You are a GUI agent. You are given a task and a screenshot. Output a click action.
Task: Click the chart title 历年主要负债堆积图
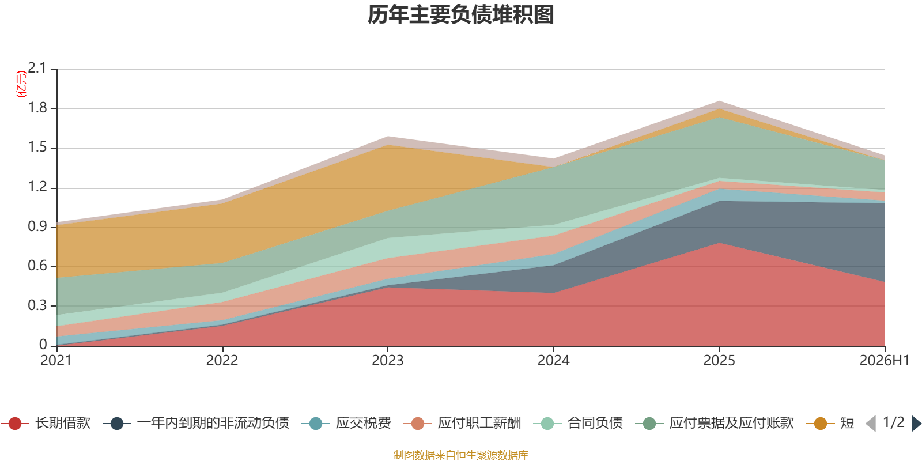click(x=460, y=15)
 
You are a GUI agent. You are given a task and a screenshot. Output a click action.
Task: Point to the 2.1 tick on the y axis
click(x=37, y=68)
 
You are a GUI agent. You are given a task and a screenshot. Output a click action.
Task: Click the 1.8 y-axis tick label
click(x=37, y=108)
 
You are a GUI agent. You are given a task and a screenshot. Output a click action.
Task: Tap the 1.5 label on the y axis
click(x=37, y=148)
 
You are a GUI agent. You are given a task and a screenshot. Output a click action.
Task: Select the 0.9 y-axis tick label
click(x=37, y=226)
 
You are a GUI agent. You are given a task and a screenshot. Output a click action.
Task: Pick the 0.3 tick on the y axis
click(x=37, y=305)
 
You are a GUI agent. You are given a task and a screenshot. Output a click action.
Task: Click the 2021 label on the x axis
click(x=56, y=361)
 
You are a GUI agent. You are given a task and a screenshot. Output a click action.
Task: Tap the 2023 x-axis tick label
click(x=388, y=361)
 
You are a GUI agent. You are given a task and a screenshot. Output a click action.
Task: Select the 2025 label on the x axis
click(x=719, y=361)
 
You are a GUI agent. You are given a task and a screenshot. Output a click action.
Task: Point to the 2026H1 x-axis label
click(x=885, y=361)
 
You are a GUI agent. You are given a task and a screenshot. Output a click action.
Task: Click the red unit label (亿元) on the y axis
click(x=21, y=84)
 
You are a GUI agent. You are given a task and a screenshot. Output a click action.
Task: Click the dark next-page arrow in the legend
click(x=916, y=424)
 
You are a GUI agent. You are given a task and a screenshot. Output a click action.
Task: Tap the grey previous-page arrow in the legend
click(x=871, y=424)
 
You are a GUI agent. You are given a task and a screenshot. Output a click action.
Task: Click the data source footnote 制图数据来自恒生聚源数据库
click(x=460, y=455)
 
